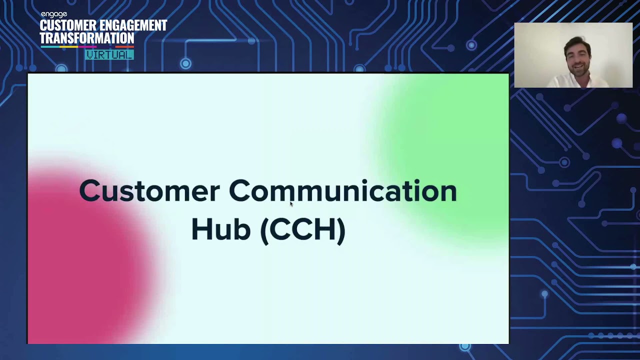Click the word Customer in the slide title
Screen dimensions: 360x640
149,191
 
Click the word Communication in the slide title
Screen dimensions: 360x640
342,191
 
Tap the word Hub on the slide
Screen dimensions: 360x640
220,229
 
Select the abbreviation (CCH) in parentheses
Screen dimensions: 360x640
303,229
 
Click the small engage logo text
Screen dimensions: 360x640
53,15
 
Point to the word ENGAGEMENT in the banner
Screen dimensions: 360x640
135,26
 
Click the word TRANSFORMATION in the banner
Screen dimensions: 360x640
87,38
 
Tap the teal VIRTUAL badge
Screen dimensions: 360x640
109,54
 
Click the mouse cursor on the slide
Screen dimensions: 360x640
291,203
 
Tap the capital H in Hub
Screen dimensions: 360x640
201,229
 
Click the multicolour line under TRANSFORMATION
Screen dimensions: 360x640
87,47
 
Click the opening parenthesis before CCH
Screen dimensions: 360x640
264,230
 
